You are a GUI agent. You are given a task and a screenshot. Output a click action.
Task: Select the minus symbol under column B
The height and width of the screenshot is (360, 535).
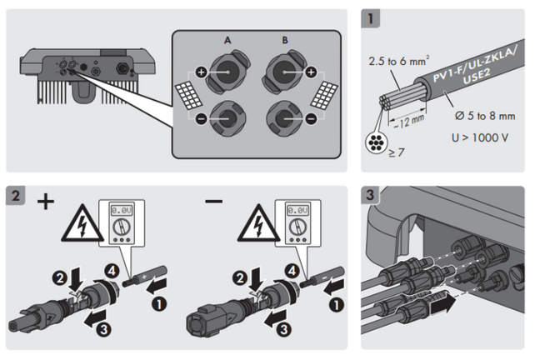[x=312, y=119]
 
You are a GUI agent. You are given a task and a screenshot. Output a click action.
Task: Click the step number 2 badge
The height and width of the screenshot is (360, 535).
[x=16, y=197]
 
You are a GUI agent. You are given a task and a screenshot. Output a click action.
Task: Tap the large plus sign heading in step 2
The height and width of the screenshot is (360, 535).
[x=45, y=202]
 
